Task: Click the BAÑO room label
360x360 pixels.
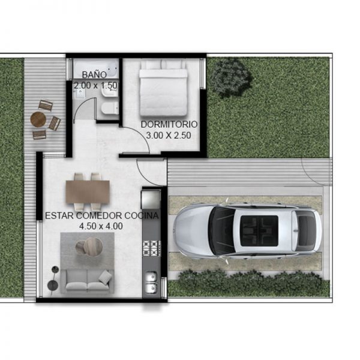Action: pos(94,75)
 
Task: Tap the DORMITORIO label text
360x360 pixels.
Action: pos(169,124)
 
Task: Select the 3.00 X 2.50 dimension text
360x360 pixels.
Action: pos(168,136)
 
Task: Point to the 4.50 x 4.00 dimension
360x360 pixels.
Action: pos(101,226)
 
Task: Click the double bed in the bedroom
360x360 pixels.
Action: pos(163,88)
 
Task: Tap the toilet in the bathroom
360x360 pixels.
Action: pos(110,109)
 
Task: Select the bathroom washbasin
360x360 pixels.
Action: pos(110,92)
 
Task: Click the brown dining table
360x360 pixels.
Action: pos(88,192)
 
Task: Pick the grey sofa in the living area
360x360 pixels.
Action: pos(87,281)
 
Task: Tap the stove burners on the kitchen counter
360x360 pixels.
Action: pos(152,248)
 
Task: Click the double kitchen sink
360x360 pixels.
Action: pos(151,282)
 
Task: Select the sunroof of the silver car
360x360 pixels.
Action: pos(259,231)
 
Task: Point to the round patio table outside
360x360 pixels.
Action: pos(38,119)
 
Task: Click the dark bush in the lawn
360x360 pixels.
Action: pos(231,77)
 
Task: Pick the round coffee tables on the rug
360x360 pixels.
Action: pos(89,247)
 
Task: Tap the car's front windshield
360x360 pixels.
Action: pos(221,230)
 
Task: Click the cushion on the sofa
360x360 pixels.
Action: pos(105,276)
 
